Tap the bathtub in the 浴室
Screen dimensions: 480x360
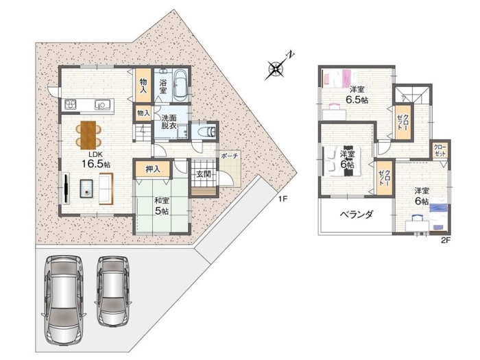(180, 86)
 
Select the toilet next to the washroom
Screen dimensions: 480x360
(207, 132)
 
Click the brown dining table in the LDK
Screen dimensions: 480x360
(88, 135)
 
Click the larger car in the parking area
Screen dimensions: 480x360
(63, 300)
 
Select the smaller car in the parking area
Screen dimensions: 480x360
(114, 291)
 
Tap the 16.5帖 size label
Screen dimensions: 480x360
(95, 164)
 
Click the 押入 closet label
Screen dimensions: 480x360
(153, 169)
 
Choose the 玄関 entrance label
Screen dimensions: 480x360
(204, 174)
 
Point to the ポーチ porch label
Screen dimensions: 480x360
(229, 156)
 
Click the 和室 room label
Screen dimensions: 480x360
(161, 201)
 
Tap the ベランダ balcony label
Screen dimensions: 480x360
(357, 214)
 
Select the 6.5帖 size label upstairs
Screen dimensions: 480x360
(357, 100)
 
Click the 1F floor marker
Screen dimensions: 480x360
(283, 199)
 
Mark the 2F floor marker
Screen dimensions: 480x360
(446, 240)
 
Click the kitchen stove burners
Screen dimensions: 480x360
(70, 105)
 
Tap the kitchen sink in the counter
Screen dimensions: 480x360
(102, 105)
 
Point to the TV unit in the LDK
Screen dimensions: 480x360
(67, 189)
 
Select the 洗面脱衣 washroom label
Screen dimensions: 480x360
(169, 121)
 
